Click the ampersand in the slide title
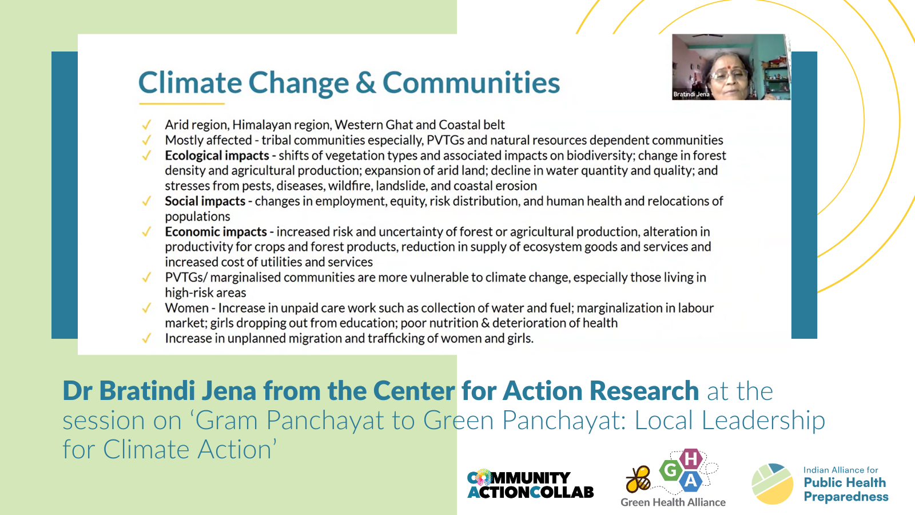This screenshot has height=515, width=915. click(365, 82)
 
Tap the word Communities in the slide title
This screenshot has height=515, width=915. click(471, 82)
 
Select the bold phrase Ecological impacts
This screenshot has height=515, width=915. click(217, 156)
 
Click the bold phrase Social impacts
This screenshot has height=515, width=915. click(205, 201)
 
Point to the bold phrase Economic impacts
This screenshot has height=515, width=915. click(216, 232)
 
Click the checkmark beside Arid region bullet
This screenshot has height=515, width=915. click(146, 125)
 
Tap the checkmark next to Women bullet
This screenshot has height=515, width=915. click(146, 308)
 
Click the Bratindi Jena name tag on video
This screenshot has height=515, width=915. click(691, 94)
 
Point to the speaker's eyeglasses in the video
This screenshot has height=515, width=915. click(730, 76)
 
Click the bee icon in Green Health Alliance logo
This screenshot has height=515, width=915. click(638, 479)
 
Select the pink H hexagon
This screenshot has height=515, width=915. click(690, 459)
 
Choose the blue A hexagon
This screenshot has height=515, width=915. click(690, 481)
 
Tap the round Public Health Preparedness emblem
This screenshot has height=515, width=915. click(772, 484)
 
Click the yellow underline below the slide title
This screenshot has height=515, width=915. click(182, 104)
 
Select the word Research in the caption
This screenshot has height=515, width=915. click(644, 391)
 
